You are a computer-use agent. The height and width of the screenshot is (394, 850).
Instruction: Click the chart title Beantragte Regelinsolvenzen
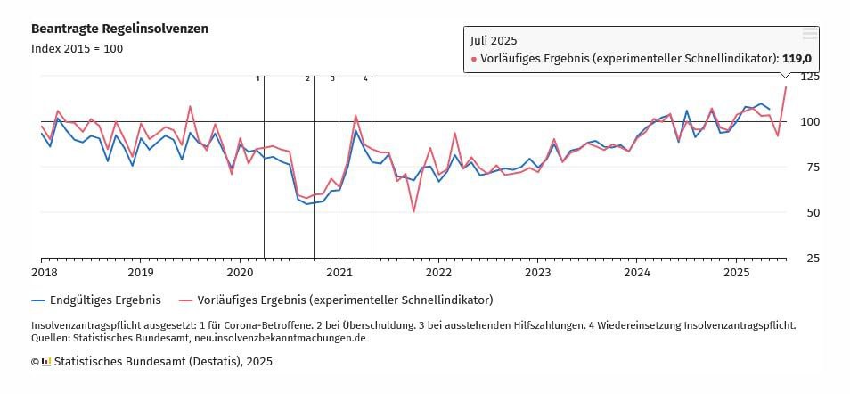[x=119, y=29]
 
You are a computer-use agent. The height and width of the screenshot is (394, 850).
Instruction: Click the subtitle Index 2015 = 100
[x=77, y=48]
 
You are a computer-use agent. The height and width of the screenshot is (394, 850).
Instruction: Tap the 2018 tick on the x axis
[x=42, y=272]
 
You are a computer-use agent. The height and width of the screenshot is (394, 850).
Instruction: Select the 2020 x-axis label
[x=240, y=272]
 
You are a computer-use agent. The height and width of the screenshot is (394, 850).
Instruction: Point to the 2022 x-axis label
[x=438, y=272]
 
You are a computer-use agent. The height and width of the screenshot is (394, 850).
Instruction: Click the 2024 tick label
[x=637, y=272]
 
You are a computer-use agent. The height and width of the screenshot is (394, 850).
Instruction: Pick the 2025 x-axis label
[x=736, y=272]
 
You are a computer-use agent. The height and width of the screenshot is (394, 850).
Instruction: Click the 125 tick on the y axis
[x=809, y=77]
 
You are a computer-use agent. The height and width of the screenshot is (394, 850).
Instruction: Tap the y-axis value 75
[x=812, y=167]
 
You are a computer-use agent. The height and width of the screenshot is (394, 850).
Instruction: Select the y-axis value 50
[x=812, y=212]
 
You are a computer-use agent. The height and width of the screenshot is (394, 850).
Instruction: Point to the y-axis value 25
[x=812, y=258]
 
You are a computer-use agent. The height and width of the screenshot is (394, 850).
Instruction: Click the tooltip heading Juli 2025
[x=494, y=40]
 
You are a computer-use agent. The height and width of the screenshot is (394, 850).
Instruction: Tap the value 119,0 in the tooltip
[x=797, y=59]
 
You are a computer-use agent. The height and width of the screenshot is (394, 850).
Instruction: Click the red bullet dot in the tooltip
[x=474, y=60]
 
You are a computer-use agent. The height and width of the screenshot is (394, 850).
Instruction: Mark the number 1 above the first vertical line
[x=258, y=78]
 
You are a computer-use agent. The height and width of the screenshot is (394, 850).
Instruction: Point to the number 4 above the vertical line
[x=365, y=78]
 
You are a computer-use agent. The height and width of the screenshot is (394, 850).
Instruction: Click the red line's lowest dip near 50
[x=413, y=211]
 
